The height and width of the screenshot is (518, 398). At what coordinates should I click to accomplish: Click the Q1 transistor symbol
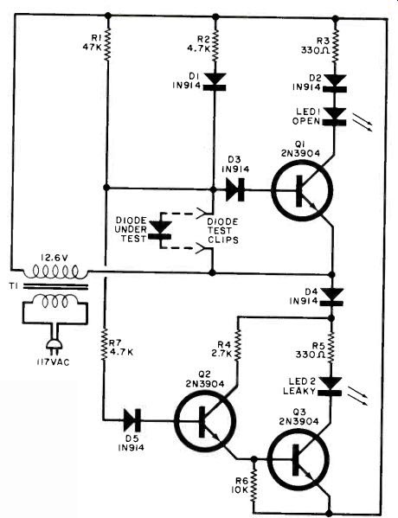pos(301,190)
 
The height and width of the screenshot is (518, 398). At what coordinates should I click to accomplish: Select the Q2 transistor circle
pos(205,420)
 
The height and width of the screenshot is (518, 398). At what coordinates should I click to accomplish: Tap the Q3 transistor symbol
pos(298,460)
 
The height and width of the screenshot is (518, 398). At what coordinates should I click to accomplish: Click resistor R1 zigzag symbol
pos(107,45)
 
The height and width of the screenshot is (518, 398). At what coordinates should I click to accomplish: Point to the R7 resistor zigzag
pos(105,344)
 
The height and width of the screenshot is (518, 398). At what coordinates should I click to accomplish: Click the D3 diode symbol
pos(235,189)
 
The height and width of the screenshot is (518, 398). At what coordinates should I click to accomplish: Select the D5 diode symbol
pos(132,420)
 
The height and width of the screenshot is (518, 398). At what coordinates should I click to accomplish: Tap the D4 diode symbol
pos(332,297)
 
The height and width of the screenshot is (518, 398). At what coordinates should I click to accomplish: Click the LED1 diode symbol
pos(335,116)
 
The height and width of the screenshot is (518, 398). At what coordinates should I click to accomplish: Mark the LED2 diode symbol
pos(330,387)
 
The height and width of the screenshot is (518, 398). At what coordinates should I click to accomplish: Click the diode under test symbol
pos(161,230)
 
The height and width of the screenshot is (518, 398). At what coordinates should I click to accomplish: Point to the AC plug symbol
pos(55,345)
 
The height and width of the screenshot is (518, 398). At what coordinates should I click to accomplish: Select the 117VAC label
pos(54,362)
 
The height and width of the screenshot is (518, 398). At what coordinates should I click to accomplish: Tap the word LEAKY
pos(299,391)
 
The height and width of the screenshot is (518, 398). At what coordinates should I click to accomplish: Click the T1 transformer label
pos(14,286)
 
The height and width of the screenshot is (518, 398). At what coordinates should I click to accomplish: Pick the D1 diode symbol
pos(215,81)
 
